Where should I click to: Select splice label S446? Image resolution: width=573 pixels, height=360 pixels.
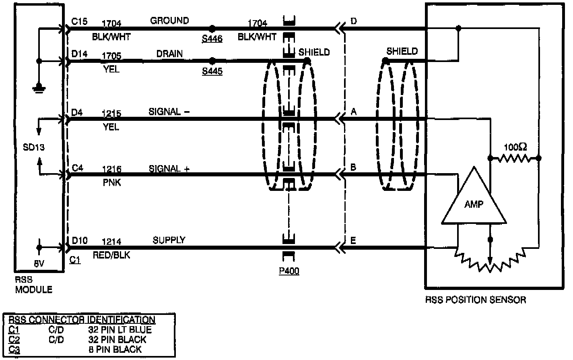tap(212, 39)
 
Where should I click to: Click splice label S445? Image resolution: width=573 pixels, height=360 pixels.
tap(212, 72)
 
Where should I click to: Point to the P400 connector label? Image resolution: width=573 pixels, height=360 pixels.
tap(289, 271)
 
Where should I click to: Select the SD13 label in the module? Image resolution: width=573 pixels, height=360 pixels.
tap(34, 147)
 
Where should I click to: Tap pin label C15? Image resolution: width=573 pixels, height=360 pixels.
tap(79, 21)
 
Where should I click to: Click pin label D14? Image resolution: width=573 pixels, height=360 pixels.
tap(79, 54)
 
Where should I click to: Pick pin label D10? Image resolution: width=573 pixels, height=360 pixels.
tap(79, 240)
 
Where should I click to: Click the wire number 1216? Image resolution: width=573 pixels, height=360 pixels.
tap(111, 169)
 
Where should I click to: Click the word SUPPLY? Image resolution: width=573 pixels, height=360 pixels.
tap(169, 240)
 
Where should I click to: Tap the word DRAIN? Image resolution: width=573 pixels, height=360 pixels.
tap(169, 54)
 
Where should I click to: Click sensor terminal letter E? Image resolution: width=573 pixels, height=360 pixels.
tap(353, 240)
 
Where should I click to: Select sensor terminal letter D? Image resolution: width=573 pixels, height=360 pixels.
tap(354, 21)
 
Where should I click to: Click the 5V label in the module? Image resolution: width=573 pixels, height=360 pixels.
tap(39, 263)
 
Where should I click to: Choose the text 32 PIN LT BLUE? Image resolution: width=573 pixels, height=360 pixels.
tap(120, 330)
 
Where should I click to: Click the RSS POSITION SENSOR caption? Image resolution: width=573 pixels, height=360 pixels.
tap(475, 300)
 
